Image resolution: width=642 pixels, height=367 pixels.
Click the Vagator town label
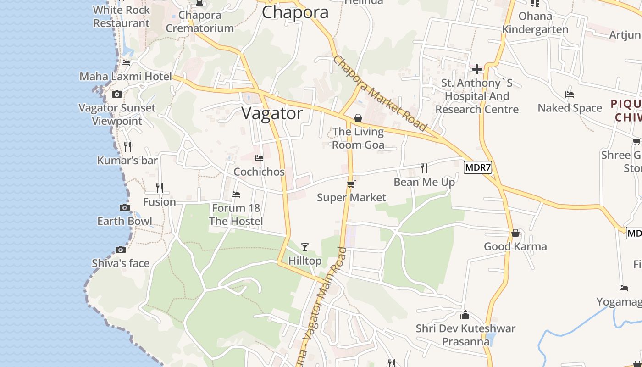click(x=272, y=113)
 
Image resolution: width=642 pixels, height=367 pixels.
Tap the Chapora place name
click(x=295, y=12)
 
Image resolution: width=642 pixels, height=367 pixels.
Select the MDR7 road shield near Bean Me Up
click(x=478, y=167)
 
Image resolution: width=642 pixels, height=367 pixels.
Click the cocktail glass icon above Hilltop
click(x=304, y=247)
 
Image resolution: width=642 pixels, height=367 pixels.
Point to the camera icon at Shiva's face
click(x=121, y=250)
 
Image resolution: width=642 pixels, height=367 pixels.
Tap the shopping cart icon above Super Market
click(x=351, y=184)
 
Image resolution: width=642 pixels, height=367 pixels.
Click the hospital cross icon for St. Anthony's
click(x=477, y=69)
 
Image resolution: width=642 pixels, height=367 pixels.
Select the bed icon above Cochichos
click(x=259, y=158)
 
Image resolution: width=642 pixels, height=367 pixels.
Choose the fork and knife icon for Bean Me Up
click(x=424, y=168)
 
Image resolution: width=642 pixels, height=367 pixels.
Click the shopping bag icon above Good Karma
click(x=515, y=233)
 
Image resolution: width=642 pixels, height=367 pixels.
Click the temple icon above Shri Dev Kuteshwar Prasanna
click(x=465, y=315)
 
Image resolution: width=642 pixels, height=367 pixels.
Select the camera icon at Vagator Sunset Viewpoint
click(x=117, y=94)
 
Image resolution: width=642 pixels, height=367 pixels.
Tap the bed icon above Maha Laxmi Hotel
click(x=126, y=63)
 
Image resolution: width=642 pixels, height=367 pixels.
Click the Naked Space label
click(x=570, y=108)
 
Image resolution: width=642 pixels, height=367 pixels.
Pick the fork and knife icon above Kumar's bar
click(x=127, y=147)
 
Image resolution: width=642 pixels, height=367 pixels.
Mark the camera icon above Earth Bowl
click(x=124, y=207)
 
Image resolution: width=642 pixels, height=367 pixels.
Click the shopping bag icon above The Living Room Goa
click(x=358, y=118)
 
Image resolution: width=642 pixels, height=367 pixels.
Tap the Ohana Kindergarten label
click(x=535, y=23)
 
